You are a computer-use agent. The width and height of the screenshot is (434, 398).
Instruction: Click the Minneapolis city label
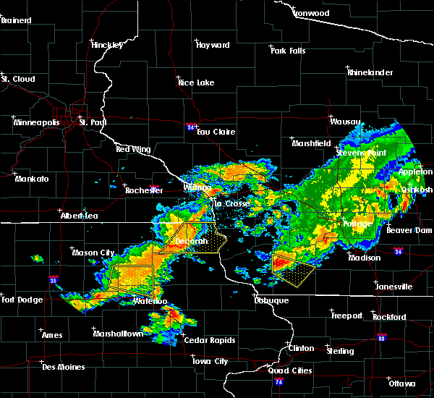point(39,122)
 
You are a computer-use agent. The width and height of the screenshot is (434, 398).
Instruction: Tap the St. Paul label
point(93,122)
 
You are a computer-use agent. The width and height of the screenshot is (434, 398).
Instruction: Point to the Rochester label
point(144,190)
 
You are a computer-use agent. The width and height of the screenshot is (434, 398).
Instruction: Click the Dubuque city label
point(271,300)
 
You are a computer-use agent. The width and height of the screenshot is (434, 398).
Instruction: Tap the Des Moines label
point(63,367)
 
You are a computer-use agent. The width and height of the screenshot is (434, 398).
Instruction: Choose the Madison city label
point(365,258)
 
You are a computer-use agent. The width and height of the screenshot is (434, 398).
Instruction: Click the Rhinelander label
point(369,72)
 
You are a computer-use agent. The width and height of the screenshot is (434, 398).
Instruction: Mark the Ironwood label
point(311,13)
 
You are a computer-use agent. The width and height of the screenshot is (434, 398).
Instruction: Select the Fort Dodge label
point(22,300)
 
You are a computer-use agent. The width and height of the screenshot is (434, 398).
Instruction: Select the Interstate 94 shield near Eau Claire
point(190,127)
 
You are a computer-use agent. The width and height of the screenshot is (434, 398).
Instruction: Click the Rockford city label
point(389,317)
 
